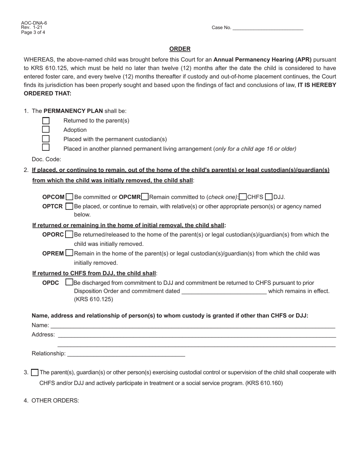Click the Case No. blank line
point(268,28)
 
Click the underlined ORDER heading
point(180,49)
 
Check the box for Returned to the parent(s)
point(46,121)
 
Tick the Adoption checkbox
point(46,130)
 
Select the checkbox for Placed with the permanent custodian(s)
point(46,139)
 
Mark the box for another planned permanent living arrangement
point(46,147)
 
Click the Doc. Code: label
point(46,160)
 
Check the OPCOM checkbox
point(69,197)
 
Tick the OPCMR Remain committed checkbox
point(145,197)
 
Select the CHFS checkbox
point(243,197)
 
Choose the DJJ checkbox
point(269,197)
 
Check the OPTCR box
point(69,206)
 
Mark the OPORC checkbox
point(69,235)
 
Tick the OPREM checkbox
point(69,253)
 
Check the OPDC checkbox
point(69,282)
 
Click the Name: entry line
point(193,325)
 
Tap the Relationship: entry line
point(126,353)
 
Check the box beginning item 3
point(34,373)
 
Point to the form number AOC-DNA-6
point(34,23)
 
